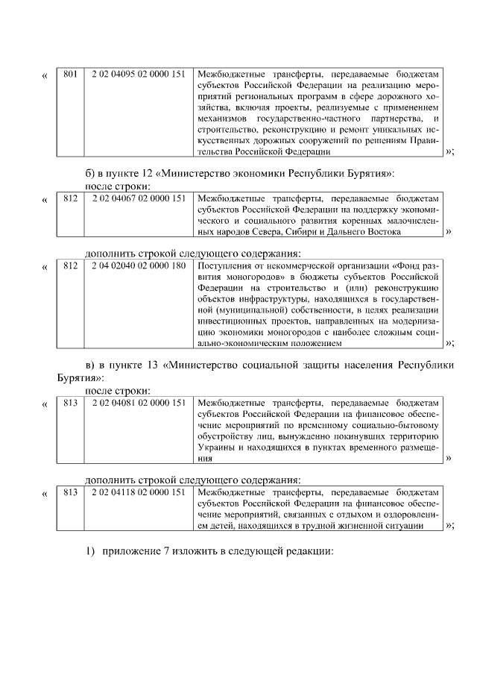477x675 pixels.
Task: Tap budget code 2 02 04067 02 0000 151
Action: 139,198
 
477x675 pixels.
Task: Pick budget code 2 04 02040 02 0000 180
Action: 139,266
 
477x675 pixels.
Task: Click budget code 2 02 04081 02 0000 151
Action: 139,403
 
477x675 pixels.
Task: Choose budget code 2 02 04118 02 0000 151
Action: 139,492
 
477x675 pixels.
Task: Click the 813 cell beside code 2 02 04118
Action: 71,492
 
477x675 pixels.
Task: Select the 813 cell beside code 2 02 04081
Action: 71,403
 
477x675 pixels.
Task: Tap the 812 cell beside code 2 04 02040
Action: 71,266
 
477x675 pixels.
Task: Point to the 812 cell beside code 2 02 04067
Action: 71,198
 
